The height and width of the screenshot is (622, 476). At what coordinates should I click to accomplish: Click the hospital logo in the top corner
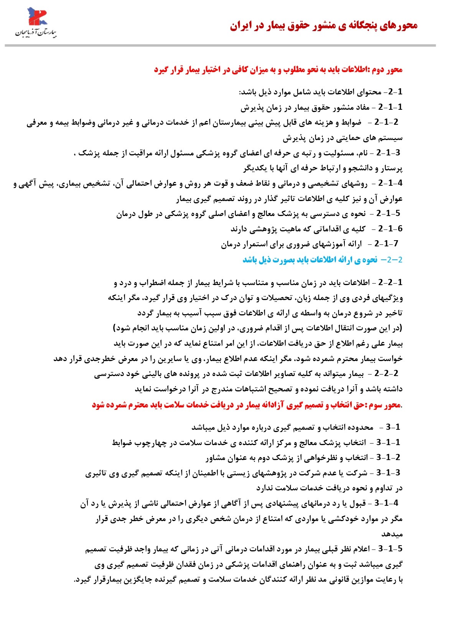[36, 23]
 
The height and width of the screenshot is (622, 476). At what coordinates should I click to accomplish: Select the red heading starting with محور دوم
[278, 70]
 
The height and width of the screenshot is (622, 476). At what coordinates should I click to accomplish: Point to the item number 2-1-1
[390, 107]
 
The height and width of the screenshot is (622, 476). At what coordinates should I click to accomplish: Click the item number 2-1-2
[386, 122]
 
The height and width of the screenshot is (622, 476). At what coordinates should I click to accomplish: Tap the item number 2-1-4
[390, 183]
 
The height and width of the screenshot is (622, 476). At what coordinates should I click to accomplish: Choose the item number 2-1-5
[388, 213]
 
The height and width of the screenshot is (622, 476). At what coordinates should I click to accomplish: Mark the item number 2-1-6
[390, 229]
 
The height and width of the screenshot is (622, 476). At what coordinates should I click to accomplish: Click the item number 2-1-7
[386, 244]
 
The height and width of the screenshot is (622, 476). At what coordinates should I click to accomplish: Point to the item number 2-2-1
[390, 282]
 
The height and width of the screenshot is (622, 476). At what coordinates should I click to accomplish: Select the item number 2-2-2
[386, 373]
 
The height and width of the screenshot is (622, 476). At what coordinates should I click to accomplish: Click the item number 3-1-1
[388, 442]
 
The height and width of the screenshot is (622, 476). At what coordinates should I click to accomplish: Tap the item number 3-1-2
[388, 457]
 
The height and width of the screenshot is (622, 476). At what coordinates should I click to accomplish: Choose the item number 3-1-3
[388, 473]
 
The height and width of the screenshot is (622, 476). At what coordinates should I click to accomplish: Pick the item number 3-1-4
[386, 503]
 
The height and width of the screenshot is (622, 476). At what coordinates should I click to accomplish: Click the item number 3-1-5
[390, 549]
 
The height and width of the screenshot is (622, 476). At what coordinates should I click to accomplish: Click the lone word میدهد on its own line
[392, 534]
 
